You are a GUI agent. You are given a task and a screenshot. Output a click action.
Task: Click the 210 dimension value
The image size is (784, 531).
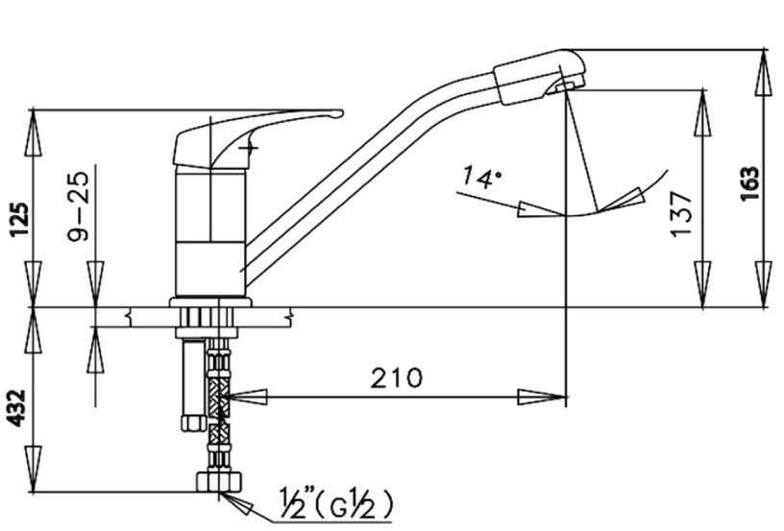click(396, 377)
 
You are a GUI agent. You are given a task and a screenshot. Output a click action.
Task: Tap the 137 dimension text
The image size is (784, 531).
click(680, 213)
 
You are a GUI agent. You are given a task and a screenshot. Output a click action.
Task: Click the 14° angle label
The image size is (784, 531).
click(480, 177)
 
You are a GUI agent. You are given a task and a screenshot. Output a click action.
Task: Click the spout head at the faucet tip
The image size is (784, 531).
click(538, 77)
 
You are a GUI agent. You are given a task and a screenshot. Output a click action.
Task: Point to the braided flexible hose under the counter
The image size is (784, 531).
click(221, 403)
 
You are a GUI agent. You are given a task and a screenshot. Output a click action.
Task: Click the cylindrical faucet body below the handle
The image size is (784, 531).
click(209, 230)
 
